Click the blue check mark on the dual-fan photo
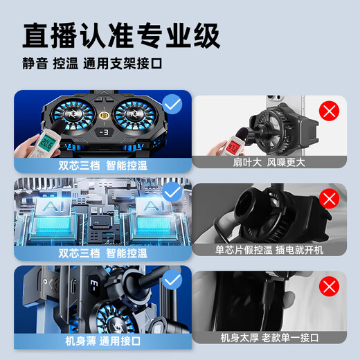point(172,105)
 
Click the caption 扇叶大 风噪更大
point(269,163)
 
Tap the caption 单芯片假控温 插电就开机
point(269,250)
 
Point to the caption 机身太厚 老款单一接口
point(269,337)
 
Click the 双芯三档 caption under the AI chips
point(92,253)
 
